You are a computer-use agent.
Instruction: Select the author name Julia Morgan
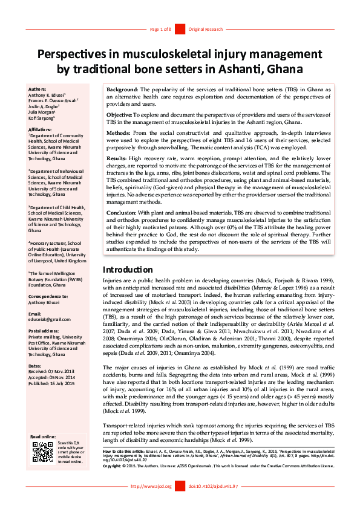coord(42,112)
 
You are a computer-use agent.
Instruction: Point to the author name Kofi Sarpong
coord(42,118)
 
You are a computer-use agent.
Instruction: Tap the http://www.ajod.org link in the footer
coord(151,503)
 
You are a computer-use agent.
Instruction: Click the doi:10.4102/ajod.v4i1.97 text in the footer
coord(214,503)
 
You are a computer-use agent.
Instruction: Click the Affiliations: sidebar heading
coord(41,129)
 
